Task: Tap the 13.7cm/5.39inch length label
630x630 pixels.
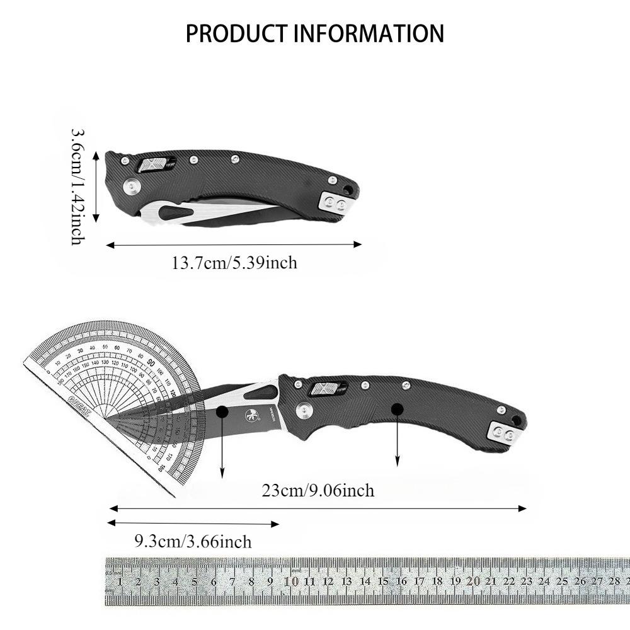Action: pyautogui.click(x=234, y=262)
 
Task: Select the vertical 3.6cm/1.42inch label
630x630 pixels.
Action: pyautogui.click(x=77, y=186)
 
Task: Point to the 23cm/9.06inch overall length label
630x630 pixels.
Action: pyautogui.click(x=318, y=490)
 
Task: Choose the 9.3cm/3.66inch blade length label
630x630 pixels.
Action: pyautogui.click(x=193, y=541)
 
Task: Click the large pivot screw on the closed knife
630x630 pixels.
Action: pyautogui.click(x=132, y=186)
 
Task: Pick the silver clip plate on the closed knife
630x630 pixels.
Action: pyautogui.click(x=336, y=203)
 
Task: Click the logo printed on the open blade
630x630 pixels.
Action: pyautogui.click(x=248, y=415)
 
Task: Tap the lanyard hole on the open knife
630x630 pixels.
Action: pyautogui.click(x=516, y=418)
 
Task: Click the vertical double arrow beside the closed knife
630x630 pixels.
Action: pyautogui.click(x=96, y=186)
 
